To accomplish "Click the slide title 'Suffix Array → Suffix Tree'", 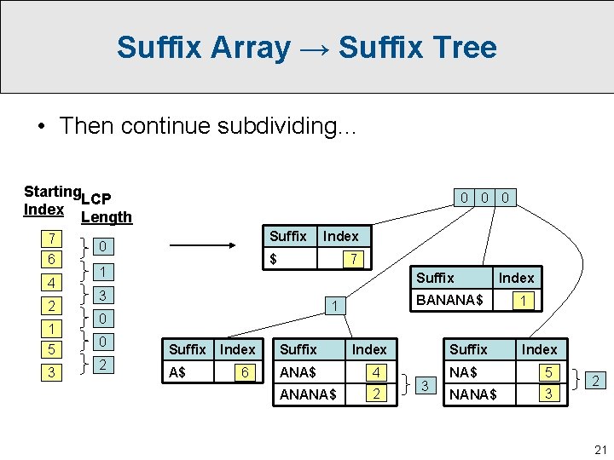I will point(306,47).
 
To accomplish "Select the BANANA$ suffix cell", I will point(449,300).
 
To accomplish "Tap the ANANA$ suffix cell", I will point(308,394).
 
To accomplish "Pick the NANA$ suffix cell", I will point(474,394).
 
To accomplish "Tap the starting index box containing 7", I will point(53,236).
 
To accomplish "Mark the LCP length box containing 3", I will point(102,296).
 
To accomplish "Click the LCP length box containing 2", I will point(102,365).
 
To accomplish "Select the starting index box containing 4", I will point(53,282).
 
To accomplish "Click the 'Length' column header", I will point(106,217).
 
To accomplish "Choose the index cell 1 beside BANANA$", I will point(524,300).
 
